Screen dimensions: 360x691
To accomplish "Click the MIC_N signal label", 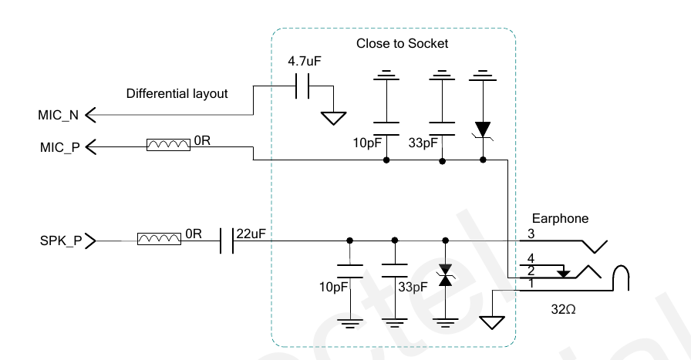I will tap(57, 116).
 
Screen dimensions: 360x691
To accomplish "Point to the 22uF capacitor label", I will tap(251, 234).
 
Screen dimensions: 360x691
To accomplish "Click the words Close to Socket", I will tap(402, 44).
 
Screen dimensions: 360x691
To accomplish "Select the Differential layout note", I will tap(177, 94).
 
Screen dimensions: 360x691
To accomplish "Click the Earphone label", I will tap(559, 218).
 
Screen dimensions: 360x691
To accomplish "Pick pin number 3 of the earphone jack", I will tap(531, 234).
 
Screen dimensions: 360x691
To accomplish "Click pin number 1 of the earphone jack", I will tap(531, 284).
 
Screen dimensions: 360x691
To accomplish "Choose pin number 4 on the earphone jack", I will tap(531, 258).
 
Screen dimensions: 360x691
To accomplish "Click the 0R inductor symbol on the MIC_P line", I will tap(168, 145).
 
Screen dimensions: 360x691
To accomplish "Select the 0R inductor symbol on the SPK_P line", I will tap(159, 241).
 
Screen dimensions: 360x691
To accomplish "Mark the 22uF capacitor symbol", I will tap(226, 241).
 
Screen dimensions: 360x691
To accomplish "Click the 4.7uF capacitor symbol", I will tap(302, 86).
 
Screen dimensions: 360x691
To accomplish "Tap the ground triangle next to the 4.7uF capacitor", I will tap(334, 119).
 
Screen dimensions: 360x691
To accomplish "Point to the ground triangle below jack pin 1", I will tap(490, 322).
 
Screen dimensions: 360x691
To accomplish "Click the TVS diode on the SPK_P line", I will tap(444, 278).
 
